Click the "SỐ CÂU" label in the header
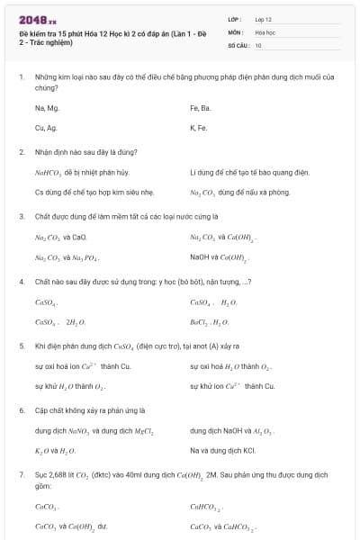[x=238, y=44]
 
